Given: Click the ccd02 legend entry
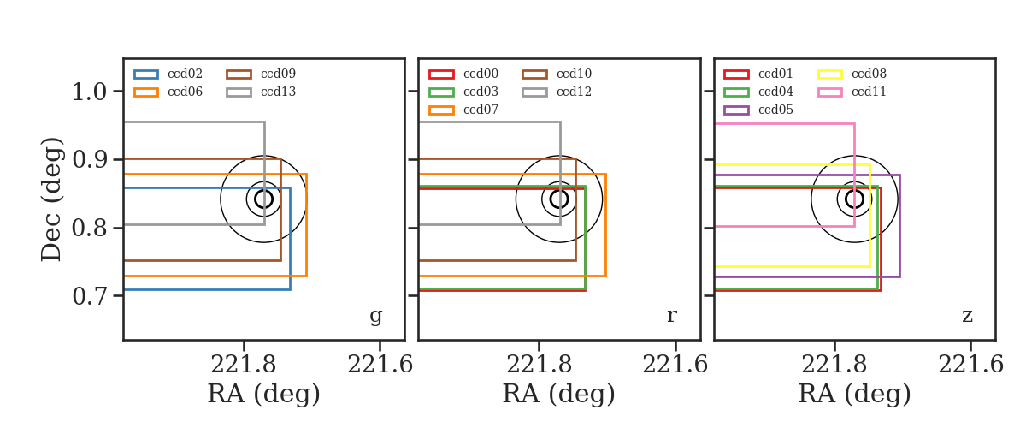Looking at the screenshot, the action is point(168,74).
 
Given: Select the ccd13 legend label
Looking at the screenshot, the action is point(278,92).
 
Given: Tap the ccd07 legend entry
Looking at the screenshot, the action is point(463,110).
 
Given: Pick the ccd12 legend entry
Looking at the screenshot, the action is point(557,92).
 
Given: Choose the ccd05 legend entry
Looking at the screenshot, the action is point(758,110).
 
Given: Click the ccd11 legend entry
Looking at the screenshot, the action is point(852,92).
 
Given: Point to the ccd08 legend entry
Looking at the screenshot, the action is point(852,74).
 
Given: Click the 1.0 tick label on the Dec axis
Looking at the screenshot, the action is point(89,92).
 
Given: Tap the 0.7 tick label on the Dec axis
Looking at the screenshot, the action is point(89,296).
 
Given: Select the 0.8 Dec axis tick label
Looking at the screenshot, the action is point(89,228).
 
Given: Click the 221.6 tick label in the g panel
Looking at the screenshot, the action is point(380,365).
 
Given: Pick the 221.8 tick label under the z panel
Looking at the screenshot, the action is point(834,365).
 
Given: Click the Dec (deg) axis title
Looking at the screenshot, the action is point(50,199).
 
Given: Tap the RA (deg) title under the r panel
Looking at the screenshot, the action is point(559,394).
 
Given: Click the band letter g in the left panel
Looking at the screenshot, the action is point(375,316).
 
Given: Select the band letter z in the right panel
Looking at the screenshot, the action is point(967,316).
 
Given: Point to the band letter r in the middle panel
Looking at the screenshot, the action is point(671,316).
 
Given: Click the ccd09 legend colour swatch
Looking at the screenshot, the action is point(239,74).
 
